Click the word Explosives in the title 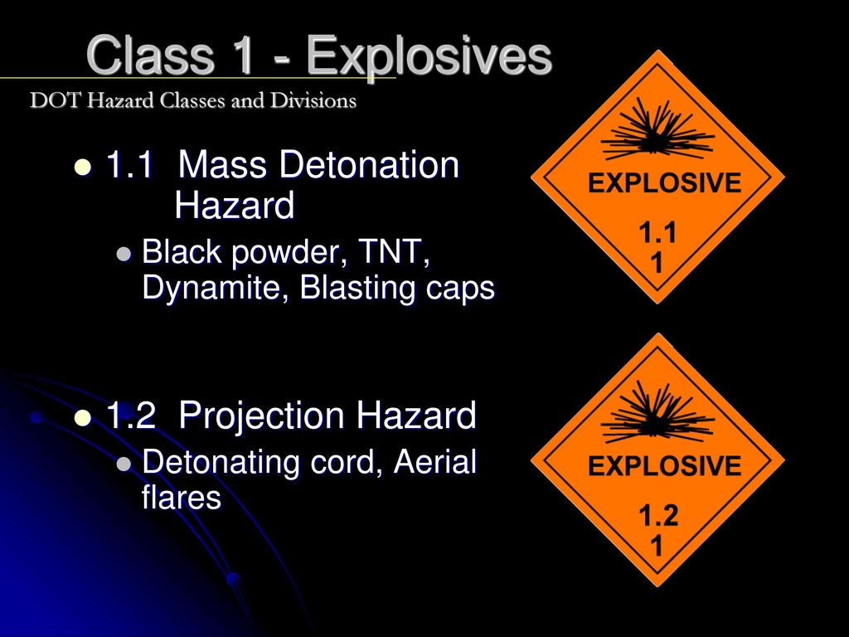click(x=429, y=56)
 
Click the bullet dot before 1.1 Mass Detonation click(x=83, y=167)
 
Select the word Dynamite click(x=215, y=288)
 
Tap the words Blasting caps click(x=397, y=288)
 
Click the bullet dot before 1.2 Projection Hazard click(x=83, y=418)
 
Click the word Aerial click(x=435, y=461)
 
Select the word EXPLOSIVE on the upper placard click(x=665, y=183)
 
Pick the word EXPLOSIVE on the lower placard click(x=665, y=466)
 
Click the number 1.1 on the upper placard click(x=657, y=233)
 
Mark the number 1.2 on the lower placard click(x=658, y=515)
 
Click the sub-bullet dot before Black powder click(x=124, y=254)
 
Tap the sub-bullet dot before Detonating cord click(x=124, y=464)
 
